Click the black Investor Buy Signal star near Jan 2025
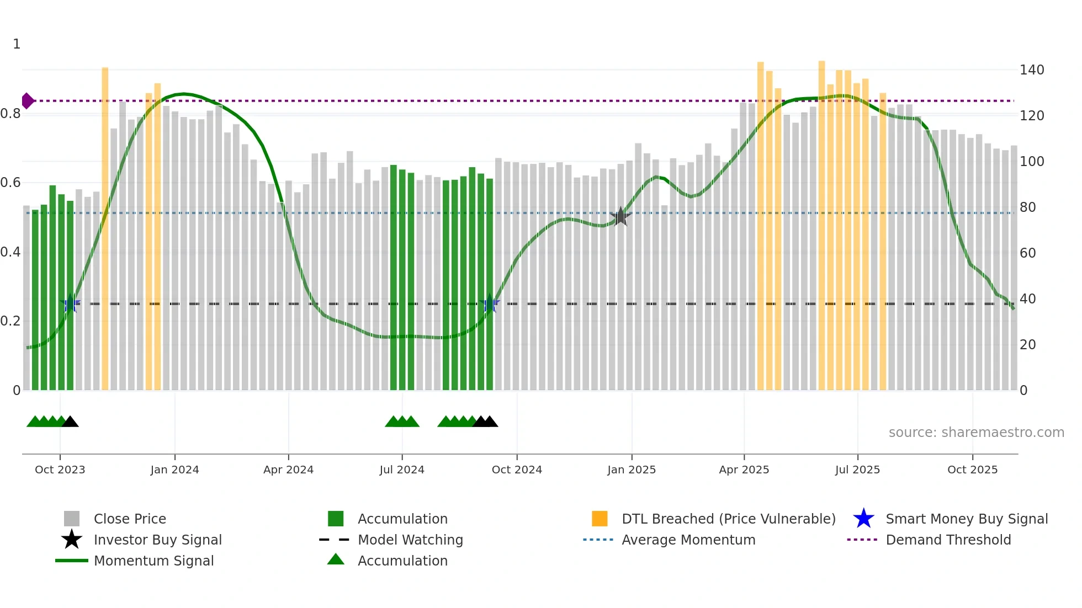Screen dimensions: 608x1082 coord(620,216)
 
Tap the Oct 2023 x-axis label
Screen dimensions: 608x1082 coord(60,470)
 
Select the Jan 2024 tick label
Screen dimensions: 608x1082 coord(174,470)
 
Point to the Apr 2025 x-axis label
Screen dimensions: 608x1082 coord(744,470)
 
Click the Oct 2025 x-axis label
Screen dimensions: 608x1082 coord(972,470)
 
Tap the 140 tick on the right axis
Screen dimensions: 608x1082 coord(1032,70)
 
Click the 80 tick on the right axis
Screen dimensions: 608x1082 coord(1028,207)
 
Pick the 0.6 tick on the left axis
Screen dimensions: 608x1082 coord(10,183)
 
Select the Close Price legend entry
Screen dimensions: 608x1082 coord(130,519)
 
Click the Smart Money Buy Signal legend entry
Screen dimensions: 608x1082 coord(967,519)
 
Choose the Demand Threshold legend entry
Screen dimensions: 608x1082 coord(948,540)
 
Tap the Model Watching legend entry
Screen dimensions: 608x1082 coord(410,540)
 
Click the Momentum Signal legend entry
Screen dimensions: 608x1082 coord(153,561)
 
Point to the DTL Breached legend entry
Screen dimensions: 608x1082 coord(728,519)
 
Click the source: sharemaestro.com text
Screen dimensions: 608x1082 coord(976,433)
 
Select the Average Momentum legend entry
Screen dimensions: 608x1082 coord(688,540)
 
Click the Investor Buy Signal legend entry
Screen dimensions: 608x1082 coord(157,540)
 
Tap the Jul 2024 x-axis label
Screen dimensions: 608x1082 coord(402,470)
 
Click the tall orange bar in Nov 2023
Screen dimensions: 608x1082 coord(105,221)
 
